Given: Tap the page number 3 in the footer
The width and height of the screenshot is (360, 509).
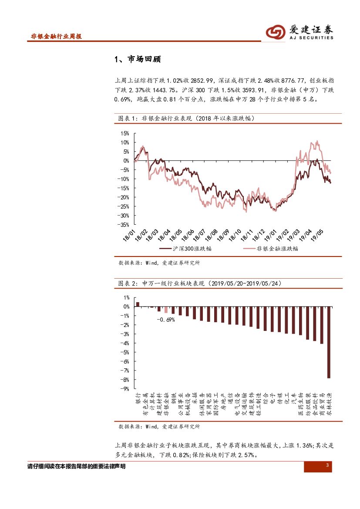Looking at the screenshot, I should [x=327, y=466].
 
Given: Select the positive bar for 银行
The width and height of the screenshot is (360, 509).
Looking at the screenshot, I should [x=138, y=304].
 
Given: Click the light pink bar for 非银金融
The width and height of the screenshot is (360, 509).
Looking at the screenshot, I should [x=166, y=310].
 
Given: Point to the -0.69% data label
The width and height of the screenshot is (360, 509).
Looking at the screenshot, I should [x=165, y=320].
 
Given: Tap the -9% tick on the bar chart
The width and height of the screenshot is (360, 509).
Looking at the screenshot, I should [x=126, y=388].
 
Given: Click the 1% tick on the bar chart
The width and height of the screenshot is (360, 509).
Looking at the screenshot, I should [x=126, y=298].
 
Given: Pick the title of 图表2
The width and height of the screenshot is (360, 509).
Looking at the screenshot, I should [x=200, y=283].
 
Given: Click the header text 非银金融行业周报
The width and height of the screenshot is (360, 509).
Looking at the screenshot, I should [x=56, y=37].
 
